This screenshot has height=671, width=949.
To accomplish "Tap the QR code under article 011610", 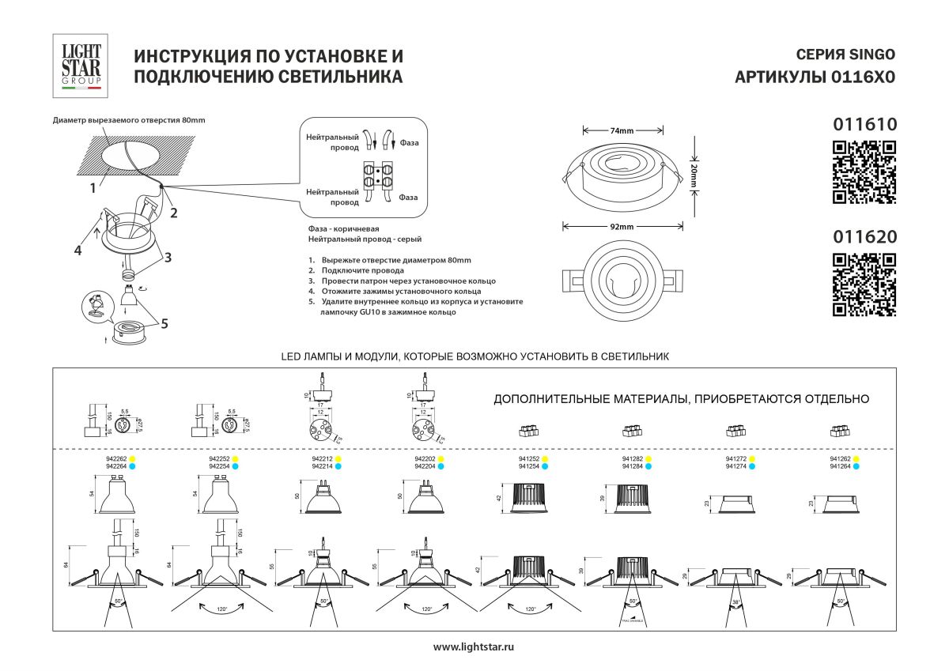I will [864, 172].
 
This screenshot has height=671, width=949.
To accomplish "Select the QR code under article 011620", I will [864, 285].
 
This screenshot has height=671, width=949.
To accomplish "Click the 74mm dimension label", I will [622, 130].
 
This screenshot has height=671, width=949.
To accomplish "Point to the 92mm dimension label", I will [622, 227].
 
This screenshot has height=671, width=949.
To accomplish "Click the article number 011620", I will [864, 236].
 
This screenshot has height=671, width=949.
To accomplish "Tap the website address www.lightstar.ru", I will [474, 647].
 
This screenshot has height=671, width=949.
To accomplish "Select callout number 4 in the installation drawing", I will [78, 251].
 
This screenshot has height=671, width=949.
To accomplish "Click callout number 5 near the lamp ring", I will [164, 322].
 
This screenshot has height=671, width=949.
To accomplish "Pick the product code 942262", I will [116, 458].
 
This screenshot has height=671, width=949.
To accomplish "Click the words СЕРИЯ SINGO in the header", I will [845, 55].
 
